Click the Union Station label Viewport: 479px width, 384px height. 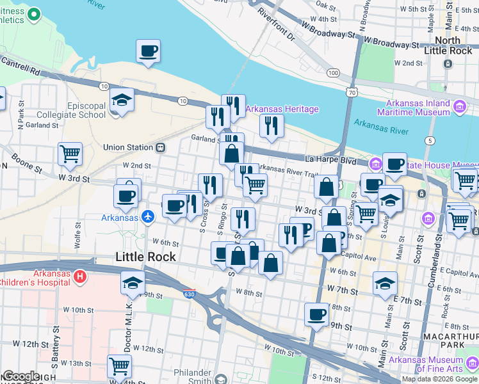point(128,147)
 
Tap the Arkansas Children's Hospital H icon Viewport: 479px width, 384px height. point(79,276)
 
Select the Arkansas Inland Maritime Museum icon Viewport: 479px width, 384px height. point(459,106)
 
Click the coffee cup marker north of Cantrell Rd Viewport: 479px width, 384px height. point(149,51)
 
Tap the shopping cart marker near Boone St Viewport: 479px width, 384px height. point(70,154)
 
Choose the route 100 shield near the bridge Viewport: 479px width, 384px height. point(332,73)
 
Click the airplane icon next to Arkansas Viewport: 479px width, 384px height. point(149,217)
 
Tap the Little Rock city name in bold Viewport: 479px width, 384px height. point(145,257)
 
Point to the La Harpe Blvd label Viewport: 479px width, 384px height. point(330,159)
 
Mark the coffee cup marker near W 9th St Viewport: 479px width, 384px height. point(316,314)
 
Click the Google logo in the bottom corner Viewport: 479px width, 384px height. point(21,377)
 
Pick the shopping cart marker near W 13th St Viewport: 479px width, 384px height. point(119,366)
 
